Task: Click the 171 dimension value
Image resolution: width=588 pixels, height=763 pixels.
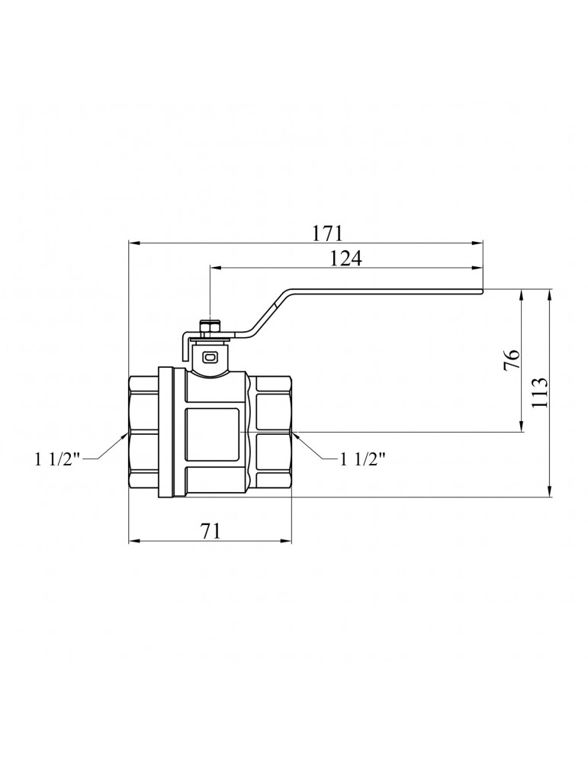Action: coord(328,233)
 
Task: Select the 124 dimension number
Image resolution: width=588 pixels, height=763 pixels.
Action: coord(346,259)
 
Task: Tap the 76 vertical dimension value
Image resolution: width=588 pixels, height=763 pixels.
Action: coord(512,360)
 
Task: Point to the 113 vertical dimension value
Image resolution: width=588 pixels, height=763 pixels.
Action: coord(540,392)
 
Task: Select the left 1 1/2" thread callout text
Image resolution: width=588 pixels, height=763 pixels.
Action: coord(57,459)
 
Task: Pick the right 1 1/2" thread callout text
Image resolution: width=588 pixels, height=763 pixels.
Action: coord(362,459)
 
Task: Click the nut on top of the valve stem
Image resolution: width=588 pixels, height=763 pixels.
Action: coord(210,327)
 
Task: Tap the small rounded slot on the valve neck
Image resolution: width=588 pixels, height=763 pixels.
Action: coord(210,358)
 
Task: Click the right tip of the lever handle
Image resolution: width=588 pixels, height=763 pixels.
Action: coord(481,291)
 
